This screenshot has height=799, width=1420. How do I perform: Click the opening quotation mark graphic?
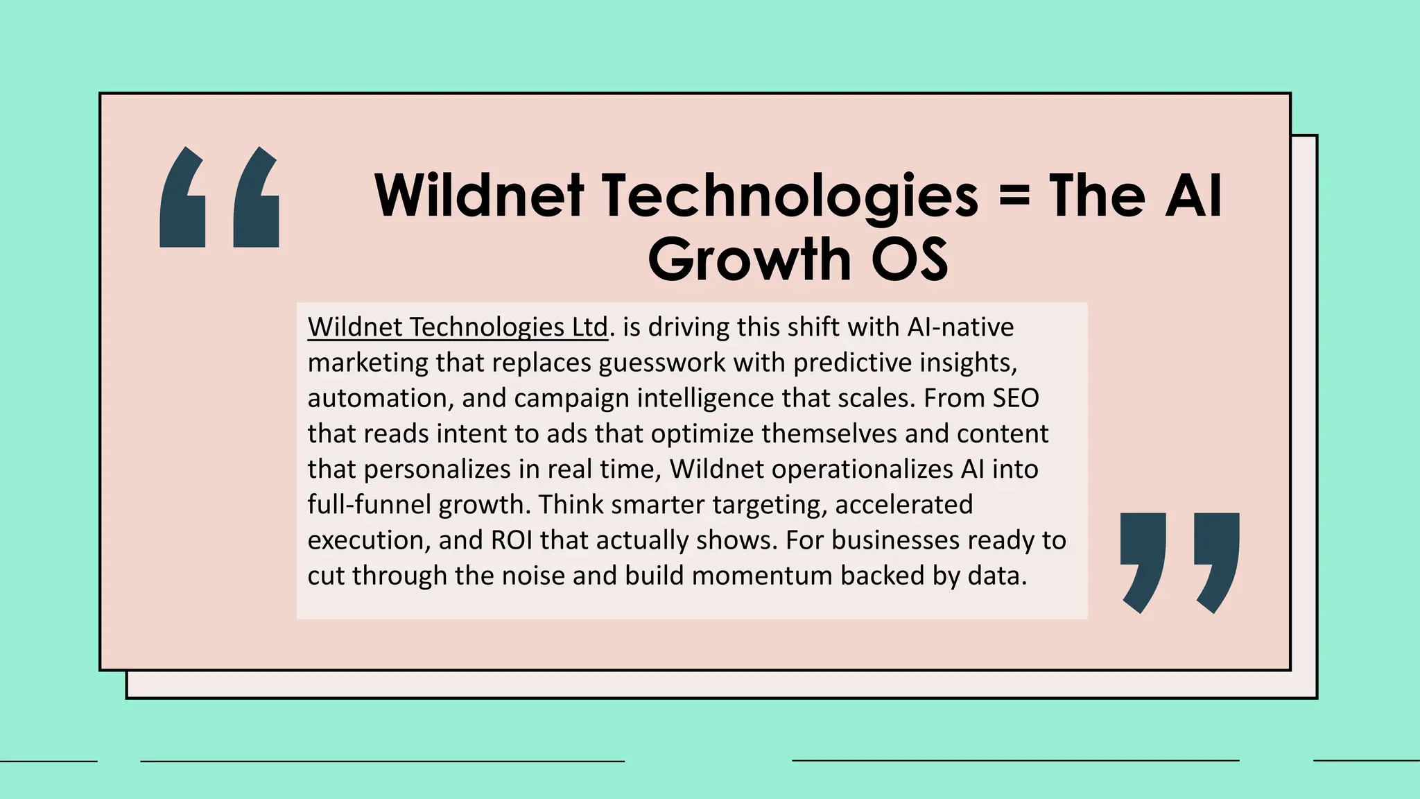[219, 197]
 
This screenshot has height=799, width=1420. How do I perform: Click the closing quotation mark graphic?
[1180, 562]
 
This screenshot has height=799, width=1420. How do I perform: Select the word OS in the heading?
[909, 259]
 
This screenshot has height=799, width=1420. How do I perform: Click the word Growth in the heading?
[750, 259]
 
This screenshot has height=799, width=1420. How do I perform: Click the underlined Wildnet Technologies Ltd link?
[458, 327]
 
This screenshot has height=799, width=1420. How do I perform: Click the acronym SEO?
[1016, 398]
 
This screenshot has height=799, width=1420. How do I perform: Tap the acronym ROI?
[512, 540]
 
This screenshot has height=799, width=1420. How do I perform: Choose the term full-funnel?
[370, 504]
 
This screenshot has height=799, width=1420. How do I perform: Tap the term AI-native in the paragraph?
[960, 327]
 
